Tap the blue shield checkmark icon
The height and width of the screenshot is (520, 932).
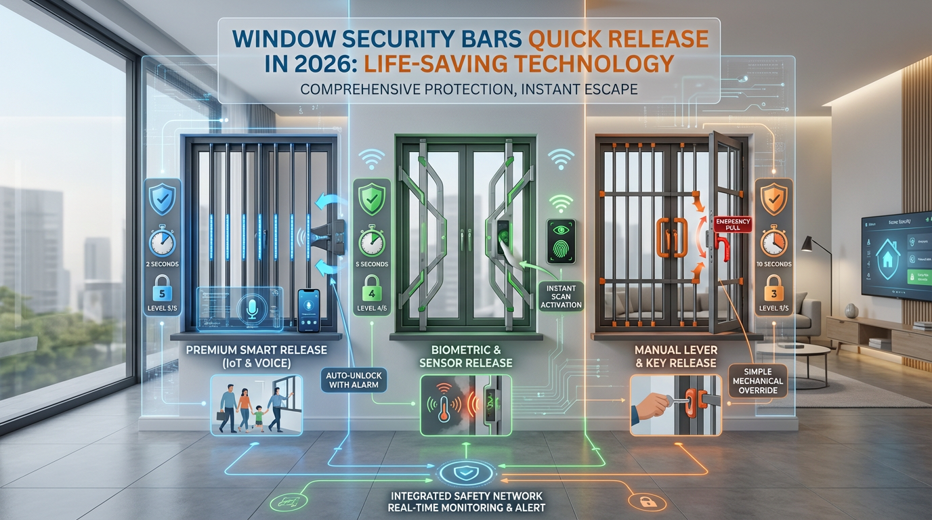162,199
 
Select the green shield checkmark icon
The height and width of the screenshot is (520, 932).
372,200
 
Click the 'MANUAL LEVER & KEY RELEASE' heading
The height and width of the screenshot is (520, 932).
676,357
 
